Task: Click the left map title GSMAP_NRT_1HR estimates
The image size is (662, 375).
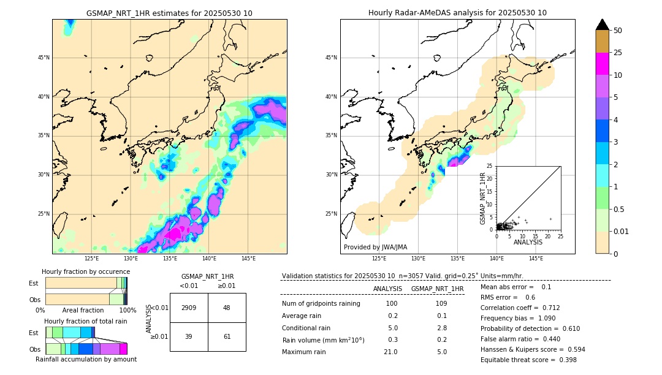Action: click(169, 13)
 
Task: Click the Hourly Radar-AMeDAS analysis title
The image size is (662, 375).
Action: click(457, 13)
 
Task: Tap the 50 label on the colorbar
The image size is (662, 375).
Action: click(618, 31)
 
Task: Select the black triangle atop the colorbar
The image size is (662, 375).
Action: click(603, 25)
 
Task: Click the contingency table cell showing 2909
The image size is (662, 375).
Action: click(189, 308)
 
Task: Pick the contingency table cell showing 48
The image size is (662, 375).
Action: click(227, 308)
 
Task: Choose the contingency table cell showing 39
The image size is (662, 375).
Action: click(189, 336)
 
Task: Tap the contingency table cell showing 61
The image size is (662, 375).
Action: click(227, 336)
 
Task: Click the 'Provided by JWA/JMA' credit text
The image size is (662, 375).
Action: click(375, 248)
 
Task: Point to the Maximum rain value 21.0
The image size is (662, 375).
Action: click(390, 352)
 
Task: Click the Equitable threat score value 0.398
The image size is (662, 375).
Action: click(564, 360)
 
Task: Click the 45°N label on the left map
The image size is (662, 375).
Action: click(43, 58)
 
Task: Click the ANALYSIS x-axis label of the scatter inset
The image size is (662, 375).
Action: click(528, 243)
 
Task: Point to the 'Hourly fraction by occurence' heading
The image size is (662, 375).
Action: click(83, 271)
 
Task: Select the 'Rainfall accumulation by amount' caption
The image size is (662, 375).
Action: click(86, 359)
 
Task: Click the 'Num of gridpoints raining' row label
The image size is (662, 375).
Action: click(321, 304)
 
